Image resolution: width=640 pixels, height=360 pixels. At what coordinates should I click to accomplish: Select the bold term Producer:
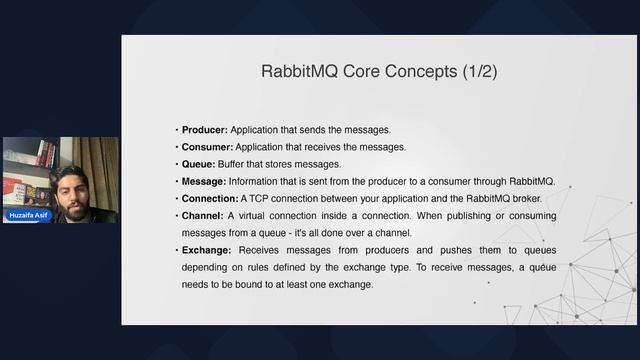(205, 130)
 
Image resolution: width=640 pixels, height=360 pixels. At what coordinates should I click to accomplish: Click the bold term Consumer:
(208, 147)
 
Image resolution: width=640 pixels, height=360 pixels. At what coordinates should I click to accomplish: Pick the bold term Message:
(205, 181)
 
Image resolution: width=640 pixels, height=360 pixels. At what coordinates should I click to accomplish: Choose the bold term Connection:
(210, 198)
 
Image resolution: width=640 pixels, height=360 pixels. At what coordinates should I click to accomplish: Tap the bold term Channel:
(203, 216)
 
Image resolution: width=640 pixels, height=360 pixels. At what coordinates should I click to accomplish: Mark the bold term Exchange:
(206, 250)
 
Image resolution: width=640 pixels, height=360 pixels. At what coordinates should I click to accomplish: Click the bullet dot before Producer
(177, 130)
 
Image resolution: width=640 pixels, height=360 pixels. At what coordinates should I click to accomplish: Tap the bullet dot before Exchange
(177, 250)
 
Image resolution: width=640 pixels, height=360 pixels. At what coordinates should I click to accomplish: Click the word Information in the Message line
(263, 181)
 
